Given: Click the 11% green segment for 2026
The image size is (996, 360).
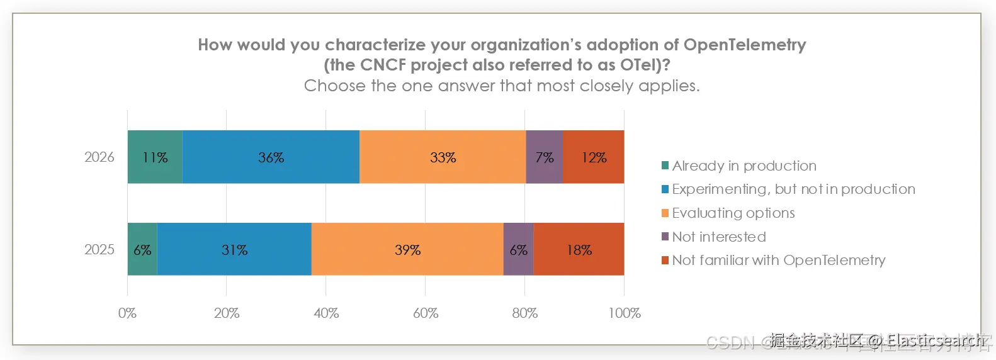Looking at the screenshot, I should pyautogui.click(x=155, y=157).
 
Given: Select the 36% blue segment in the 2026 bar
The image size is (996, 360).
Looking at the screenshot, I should pyautogui.click(x=271, y=157).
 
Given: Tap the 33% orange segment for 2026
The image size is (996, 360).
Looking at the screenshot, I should pyautogui.click(x=443, y=157).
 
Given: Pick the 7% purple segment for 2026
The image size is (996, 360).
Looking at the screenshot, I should pyautogui.click(x=544, y=157).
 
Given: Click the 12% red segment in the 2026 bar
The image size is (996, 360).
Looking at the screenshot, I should pyautogui.click(x=593, y=157).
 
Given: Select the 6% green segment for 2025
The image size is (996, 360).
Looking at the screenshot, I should pyautogui.click(x=142, y=250).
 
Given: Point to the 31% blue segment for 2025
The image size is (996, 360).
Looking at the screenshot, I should pyautogui.click(x=234, y=250).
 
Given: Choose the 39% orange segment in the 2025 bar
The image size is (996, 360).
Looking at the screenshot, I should pyautogui.click(x=407, y=250).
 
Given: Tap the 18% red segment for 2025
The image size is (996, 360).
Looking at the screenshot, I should pyautogui.click(x=579, y=250).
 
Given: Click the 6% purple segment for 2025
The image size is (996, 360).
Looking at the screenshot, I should pyautogui.click(x=518, y=250).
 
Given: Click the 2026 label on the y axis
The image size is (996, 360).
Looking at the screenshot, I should pyautogui.click(x=99, y=157).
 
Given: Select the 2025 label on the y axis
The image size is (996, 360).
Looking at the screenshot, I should pyautogui.click(x=99, y=250).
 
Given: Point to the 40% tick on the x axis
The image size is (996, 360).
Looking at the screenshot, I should pyautogui.click(x=326, y=313).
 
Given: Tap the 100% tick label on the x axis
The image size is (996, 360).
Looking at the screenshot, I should pyautogui.click(x=624, y=313).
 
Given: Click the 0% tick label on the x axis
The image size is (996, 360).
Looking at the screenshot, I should pyautogui.click(x=127, y=313).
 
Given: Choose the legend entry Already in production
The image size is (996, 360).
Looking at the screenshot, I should pyautogui.click(x=744, y=166).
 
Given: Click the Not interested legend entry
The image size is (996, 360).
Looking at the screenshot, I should pyautogui.click(x=718, y=237).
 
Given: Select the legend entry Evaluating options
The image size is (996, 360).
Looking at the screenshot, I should pyautogui.click(x=733, y=213).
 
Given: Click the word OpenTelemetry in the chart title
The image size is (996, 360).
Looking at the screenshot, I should pyautogui.click(x=744, y=45).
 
